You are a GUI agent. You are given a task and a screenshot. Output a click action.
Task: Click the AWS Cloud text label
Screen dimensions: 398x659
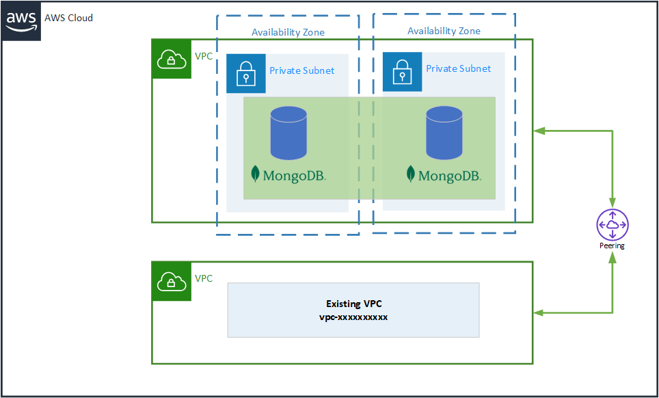coord(68,18)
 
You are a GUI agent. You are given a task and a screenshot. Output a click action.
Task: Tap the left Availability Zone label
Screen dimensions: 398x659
coord(288,32)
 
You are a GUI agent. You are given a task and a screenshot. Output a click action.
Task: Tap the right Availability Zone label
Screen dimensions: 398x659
coord(444,31)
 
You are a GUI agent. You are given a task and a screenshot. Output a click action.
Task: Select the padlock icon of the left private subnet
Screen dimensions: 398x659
coord(246,73)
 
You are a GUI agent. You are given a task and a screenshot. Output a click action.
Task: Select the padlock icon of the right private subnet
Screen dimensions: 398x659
coord(402,71)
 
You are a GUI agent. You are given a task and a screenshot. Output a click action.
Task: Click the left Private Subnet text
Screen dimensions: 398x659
coord(301,70)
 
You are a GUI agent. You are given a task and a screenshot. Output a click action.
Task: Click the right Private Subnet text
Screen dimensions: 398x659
coord(458,68)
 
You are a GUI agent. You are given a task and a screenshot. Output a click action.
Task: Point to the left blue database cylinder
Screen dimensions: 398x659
coord(288,133)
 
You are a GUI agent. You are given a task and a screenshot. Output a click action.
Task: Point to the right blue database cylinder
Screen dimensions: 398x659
coord(444,133)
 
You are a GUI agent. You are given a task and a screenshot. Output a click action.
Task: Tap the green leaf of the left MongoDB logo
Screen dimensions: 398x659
coord(256,174)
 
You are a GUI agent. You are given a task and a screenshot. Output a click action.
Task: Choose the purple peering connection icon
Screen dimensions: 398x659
coord(612,224)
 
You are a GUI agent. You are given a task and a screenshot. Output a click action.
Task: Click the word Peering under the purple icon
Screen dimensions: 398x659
coord(612,246)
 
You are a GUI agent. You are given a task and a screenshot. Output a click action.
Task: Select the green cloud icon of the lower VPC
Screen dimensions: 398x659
coord(171,281)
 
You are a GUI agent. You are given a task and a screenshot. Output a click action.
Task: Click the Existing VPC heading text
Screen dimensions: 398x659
coord(353,303)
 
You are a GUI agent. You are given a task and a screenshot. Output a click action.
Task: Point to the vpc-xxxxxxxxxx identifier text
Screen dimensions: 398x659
coord(353,317)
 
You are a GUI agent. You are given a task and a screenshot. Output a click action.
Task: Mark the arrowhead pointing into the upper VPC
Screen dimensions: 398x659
coord(539,130)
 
